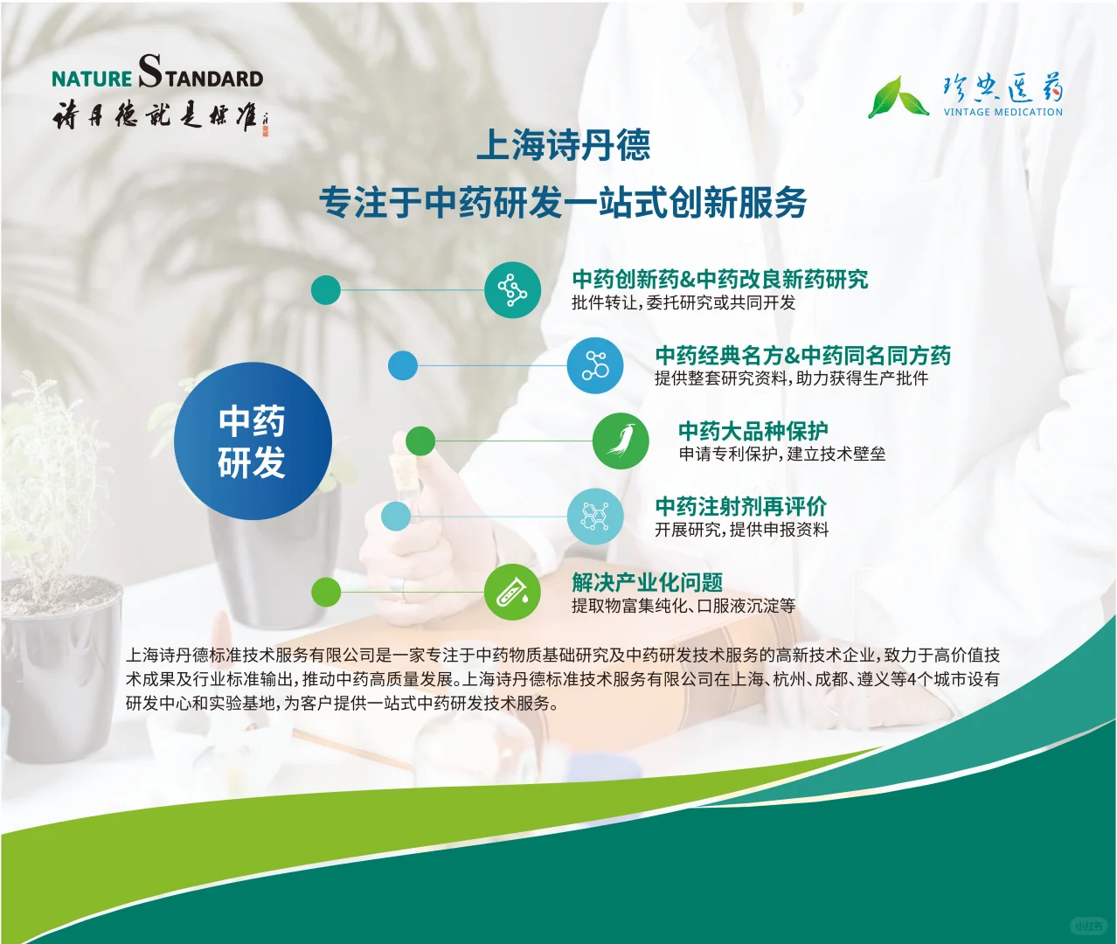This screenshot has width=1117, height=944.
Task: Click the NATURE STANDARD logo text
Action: (x=157, y=73)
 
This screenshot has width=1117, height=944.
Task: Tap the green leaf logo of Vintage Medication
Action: (x=898, y=97)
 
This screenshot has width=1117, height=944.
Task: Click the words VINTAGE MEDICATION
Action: (x=1003, y=112)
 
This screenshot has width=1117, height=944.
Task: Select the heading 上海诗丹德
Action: (x=563, y=145)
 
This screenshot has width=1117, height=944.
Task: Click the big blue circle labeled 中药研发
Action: (x=253, y=441)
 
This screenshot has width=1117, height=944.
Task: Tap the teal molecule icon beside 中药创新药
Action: (x=512, y=290)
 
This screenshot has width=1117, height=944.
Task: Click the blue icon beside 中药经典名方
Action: (x=594, y=365)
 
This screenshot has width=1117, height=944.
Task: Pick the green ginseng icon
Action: (x=621, y=441)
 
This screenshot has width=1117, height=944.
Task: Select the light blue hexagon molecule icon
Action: (x=594, y=516)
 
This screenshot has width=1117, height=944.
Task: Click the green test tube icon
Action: (x=512, y=592)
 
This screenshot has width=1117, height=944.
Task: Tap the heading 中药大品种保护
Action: (x=753, y=431)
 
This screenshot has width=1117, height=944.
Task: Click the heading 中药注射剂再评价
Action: (x=740, y=506)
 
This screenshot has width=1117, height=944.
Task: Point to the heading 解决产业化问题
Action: (x=647, y=582)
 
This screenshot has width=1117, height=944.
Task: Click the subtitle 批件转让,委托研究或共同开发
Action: (x=683, y=303)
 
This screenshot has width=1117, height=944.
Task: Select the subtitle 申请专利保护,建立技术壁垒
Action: (x=782, y=454)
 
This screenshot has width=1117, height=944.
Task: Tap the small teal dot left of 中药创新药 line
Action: (x=326, y=290)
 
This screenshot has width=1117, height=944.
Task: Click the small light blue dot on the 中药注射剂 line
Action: (x=396, y=516)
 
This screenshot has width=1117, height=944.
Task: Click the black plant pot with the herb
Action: (x=61, y=664)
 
